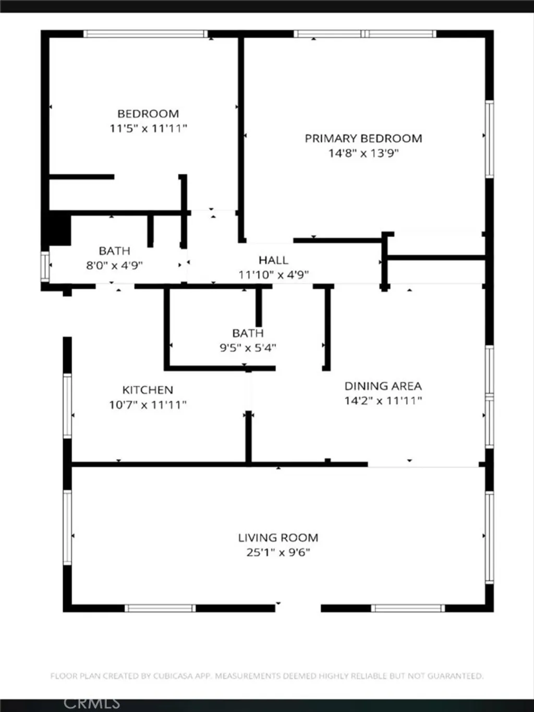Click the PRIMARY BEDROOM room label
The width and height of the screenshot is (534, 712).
[x=363, y=139]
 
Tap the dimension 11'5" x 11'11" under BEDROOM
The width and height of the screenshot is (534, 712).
[x=148, y=128]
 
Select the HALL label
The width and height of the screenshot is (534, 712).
[x=273, y=260]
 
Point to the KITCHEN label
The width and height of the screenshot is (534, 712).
[x=148, y=390]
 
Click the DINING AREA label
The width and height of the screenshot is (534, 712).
[x=383, y=386]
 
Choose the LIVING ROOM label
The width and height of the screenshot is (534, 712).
[x=278, y=538]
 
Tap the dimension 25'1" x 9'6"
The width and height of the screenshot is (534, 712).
[x=278, y=552]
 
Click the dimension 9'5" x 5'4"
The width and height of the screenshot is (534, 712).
[x=248, y=347]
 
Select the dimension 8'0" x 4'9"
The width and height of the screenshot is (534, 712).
[x=114, y=265]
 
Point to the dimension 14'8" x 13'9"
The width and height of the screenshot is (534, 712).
[x=363, y=153]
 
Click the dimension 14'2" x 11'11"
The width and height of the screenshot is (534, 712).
[x=383, y=401]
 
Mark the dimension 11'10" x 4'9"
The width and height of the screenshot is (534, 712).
[x=273, y=274]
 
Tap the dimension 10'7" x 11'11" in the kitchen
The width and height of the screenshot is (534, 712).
[x=148, y=404]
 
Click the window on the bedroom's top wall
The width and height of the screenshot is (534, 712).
[x=145, y=34]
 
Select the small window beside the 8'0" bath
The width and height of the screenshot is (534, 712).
[x=45, y=267]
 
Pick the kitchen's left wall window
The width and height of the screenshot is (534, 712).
[x=67, y=406]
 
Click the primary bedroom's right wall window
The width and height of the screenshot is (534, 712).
[x=489, y=139]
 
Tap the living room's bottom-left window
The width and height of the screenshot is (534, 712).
[x=160, y=608]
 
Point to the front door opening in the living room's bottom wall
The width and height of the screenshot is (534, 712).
[x=298, y=608]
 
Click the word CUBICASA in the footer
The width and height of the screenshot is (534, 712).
[x=173, y=676]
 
